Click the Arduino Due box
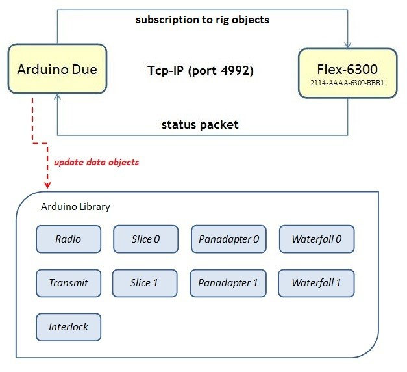point(56,68)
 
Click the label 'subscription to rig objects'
point(202,20)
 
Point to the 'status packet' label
point(200,124)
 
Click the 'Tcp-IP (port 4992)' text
point(200,70)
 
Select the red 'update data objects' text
point(96,161)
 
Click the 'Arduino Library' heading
point(75,207)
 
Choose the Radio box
point(68,239)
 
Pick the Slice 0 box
point(145,239)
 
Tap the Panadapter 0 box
point(228,239)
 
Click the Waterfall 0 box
point(316,239)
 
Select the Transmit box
point(68,283)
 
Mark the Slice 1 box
point(145,283)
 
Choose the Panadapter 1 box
point(228,283)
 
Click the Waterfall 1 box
point(316,283)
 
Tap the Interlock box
point(68,327)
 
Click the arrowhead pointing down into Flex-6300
point(348,45)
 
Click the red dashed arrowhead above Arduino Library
point(46,187)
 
